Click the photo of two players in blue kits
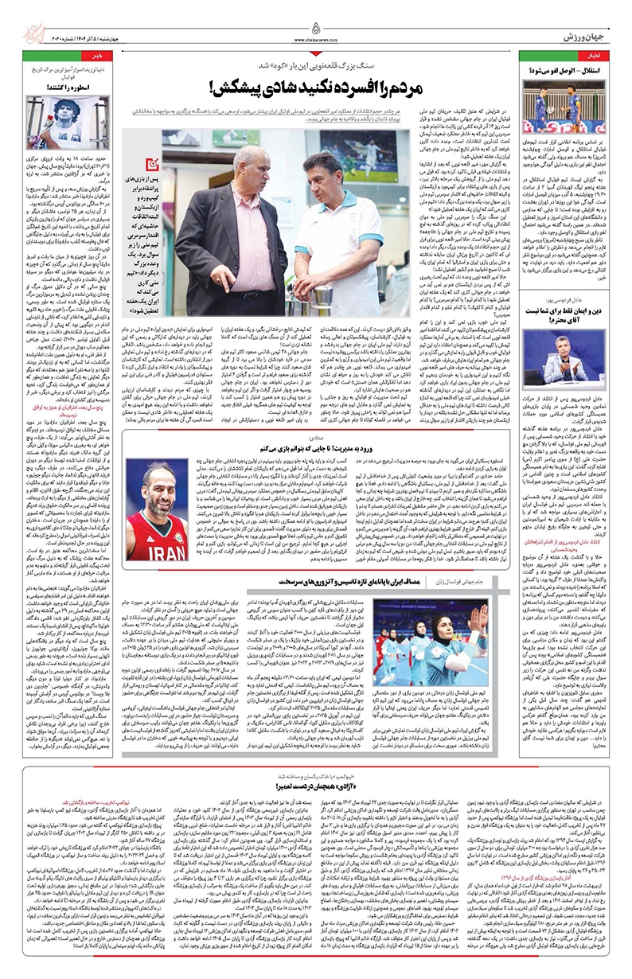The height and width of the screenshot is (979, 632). coord(568,109)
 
